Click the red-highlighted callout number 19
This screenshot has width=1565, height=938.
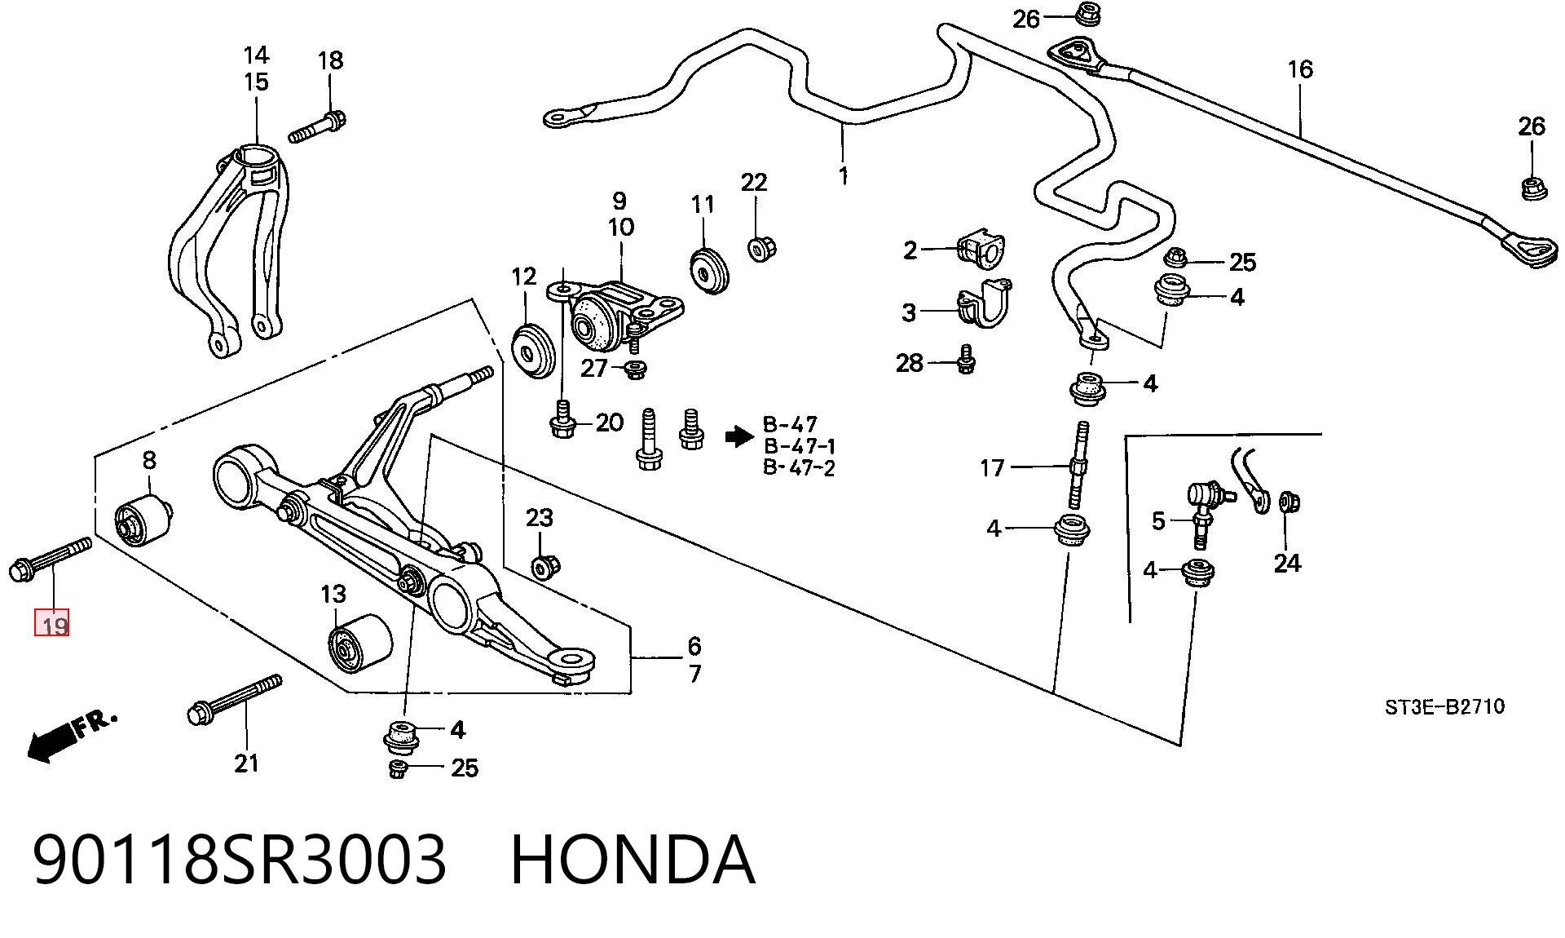coord(51,625)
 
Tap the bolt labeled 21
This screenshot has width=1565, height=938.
coord(235,700)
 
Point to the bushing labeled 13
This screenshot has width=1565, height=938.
coord(359,645)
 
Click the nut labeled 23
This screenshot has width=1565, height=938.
coord(544,565)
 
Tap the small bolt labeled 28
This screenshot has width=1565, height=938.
coord(966,359)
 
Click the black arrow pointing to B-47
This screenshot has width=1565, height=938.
coord(739,437)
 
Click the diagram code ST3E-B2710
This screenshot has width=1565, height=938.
coord(1444,706)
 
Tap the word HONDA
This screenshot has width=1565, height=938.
coord(633,859)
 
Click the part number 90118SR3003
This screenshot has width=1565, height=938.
coord(240,859)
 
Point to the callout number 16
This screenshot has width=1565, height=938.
coord(1300,69)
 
